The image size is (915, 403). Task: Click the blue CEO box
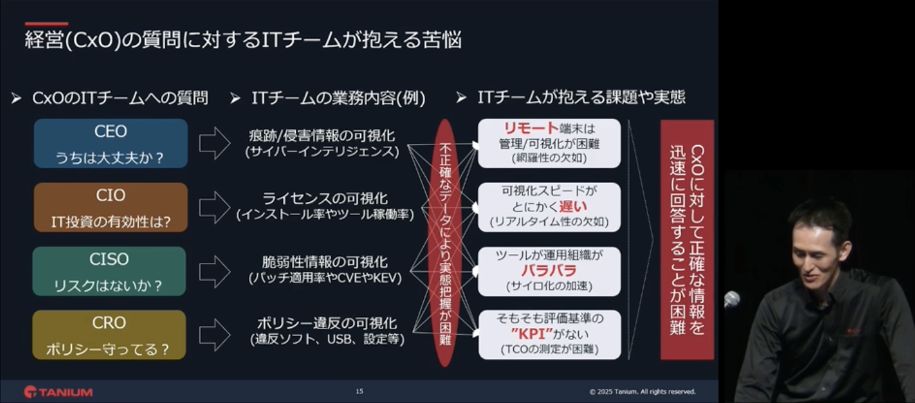111,143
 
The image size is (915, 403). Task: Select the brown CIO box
111,207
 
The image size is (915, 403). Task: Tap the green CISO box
110,271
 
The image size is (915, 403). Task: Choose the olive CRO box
110,335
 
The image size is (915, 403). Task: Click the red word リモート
531,128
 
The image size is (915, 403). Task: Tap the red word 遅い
573,206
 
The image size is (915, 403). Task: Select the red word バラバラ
549,271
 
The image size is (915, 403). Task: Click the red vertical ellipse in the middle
445,243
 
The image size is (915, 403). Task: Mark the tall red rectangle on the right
687,240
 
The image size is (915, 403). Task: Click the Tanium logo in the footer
58,392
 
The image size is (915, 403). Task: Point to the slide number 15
359,391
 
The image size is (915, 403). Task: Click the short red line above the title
47,24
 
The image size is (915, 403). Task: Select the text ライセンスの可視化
325,199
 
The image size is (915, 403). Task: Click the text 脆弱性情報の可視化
325,262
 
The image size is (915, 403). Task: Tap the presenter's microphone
731,299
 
